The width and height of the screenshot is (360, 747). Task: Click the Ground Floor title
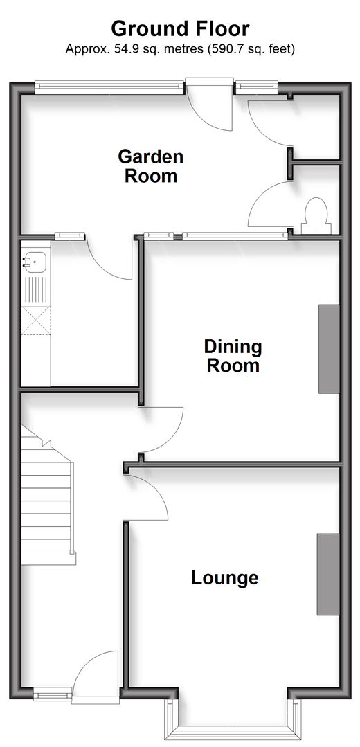[x=180, y=28]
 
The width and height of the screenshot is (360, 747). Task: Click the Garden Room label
[x=150, y=165]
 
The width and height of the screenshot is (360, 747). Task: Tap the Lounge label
[x=225, y=577]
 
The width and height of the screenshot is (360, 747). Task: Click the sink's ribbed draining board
[x=36, y=290]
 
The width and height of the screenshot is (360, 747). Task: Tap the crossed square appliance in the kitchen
[x=36, y=321]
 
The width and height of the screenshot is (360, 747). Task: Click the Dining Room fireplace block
[x=329, y=349]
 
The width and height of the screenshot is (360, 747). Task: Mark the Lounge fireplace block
[x=329, y=574]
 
